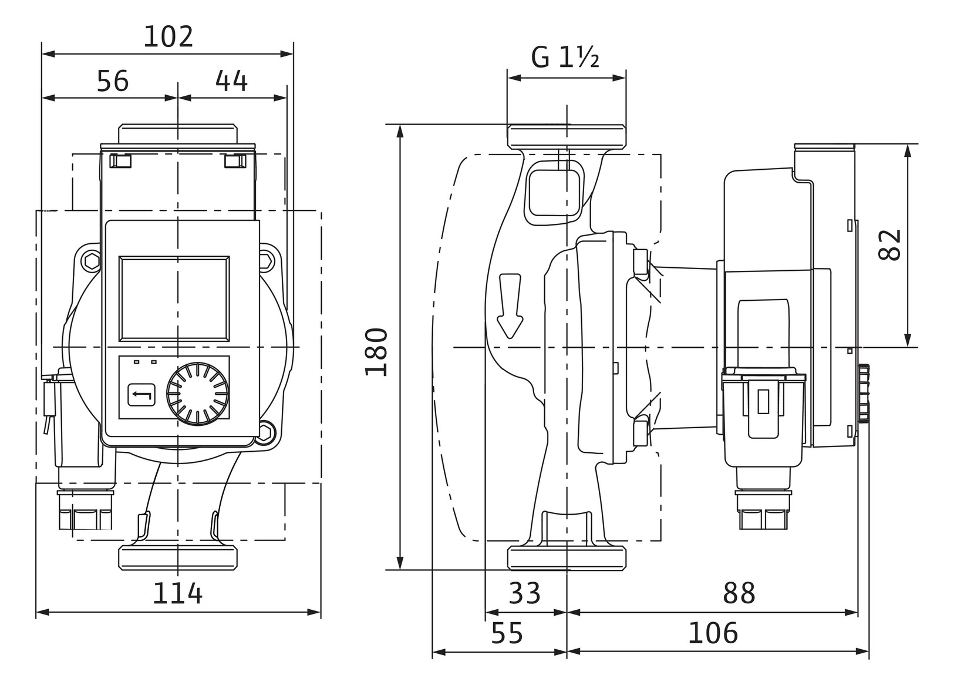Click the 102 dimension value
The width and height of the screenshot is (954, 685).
[x=168, y=36]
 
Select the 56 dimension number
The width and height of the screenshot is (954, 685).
[x=113, y=81]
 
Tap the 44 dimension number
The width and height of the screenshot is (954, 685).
[x=231, y=81]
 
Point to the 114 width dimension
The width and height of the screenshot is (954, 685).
[x=178, y=593]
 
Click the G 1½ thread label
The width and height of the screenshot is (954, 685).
[x=565, y=57]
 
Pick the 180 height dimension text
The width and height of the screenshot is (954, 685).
[x=376, y=352]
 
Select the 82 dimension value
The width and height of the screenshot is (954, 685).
[x=889, y=244]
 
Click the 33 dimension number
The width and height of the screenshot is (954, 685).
[x=525, y=593]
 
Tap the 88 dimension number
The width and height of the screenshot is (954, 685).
[x=739, y=593]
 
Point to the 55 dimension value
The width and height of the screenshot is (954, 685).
[x=507, y=633]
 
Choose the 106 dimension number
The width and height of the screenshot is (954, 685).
[x=713, y=633]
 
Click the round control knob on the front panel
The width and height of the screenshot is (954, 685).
[x=198, y=394]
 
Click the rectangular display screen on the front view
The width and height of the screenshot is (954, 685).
[x=174, y=298]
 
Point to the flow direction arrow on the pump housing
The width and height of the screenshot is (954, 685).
[x=510, y=306]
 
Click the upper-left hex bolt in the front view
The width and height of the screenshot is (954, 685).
[x=91, y=260]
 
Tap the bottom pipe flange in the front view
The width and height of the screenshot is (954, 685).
[x=178, y=558]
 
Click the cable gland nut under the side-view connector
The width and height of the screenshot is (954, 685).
[x=763, y=519]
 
